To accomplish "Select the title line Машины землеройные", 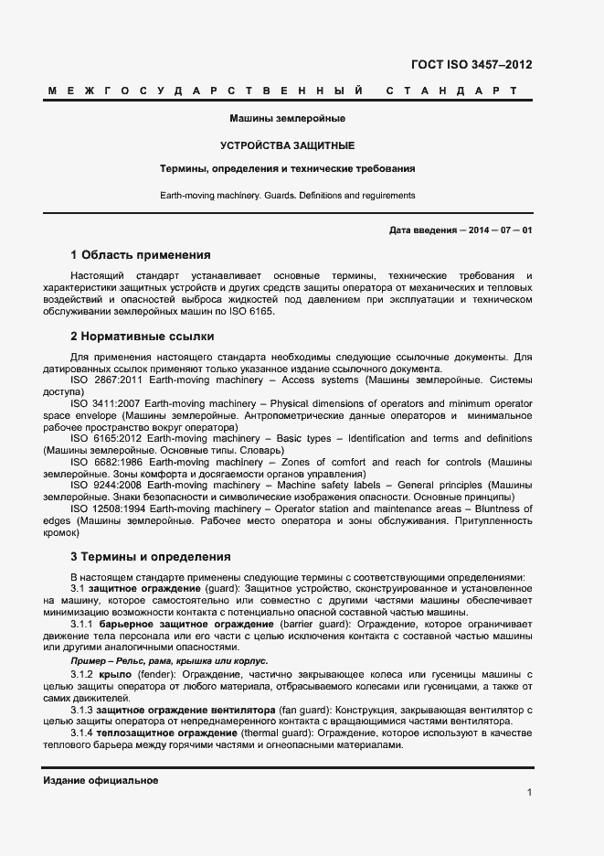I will point(287,119).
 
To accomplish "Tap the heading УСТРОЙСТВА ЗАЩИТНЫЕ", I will point(287,145).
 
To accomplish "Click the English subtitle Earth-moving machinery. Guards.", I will point(287,195).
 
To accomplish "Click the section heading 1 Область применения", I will point(140,255).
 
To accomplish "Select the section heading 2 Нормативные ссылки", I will point(142,337).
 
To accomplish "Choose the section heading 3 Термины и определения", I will point(150,556).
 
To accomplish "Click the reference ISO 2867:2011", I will point(105,379).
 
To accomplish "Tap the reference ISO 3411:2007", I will point(105,403).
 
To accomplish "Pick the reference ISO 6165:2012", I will point(105,438).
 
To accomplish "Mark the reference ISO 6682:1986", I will point(105,462).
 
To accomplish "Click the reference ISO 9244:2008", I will point(106,485).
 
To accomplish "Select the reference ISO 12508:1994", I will point(108,508).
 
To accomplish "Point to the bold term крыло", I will point(110,675).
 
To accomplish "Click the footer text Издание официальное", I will point(101,780).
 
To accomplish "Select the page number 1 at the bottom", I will point(529,793).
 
